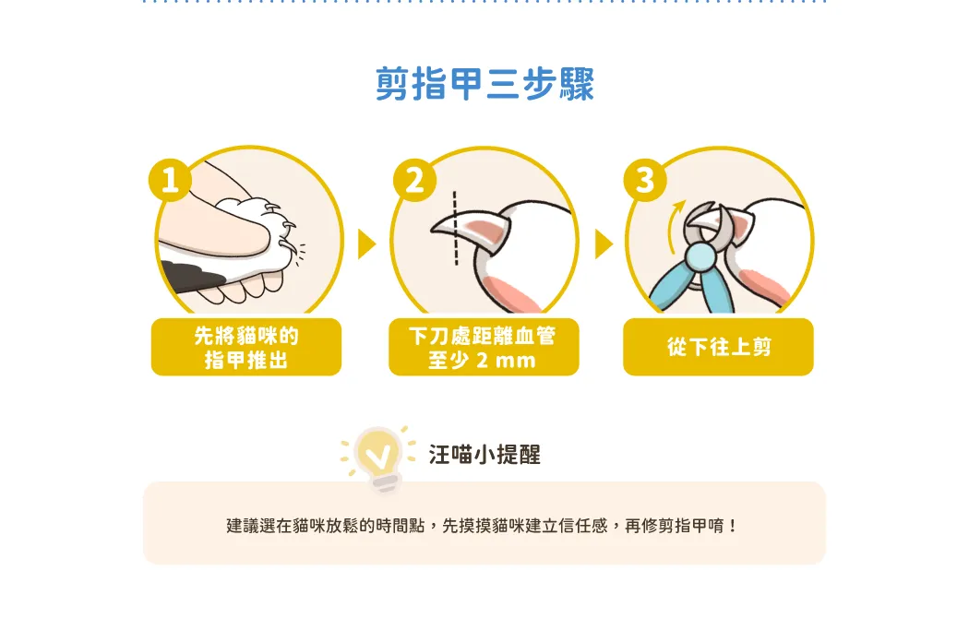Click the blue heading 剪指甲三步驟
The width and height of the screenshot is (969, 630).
[x=484, y=84]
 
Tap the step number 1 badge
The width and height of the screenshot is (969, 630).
[x=170, y=180]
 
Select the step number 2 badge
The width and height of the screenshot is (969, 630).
[x=414, y=181]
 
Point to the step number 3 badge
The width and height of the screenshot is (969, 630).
[x=645, y=181]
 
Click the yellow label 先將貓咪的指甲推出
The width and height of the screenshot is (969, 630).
[x=246, y=347]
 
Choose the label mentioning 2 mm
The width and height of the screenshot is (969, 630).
[x=484, y=347]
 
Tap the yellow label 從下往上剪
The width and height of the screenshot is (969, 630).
[x=718, y=347]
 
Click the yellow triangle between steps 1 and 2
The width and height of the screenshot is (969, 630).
[x=365, y=244]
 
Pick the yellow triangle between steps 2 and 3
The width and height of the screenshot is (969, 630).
[x=604, y=244]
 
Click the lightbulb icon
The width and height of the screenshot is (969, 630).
[x=378, y=458]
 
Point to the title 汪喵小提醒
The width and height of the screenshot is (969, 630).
[x=484, y=455]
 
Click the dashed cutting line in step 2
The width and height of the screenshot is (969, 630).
[x=456, y=229]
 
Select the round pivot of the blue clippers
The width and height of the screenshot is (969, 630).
[x=700, y=256]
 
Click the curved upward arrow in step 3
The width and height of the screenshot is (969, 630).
[x=674, y=225]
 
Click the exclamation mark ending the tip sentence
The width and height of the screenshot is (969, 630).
[x=733, y=527]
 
